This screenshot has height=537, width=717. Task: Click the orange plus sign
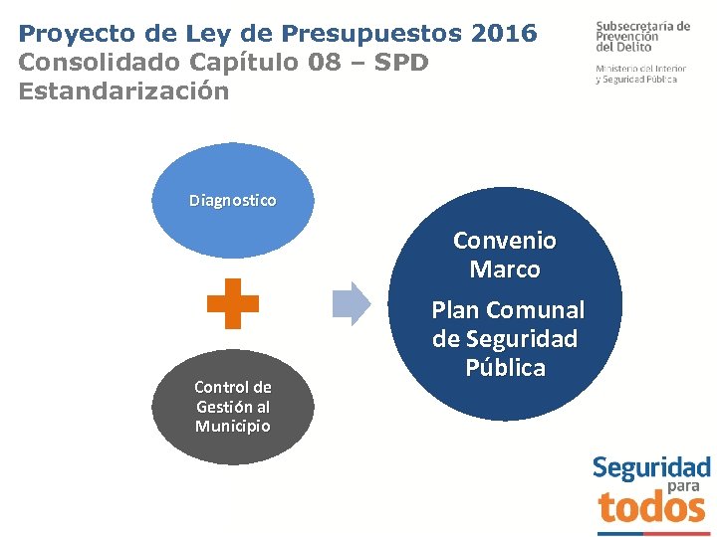click(232, 303)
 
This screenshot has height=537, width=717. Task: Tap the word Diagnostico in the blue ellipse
click(233, 201)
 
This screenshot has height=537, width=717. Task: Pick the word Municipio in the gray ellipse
click(233, 427)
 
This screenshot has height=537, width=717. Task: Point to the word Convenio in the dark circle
click(505, 241)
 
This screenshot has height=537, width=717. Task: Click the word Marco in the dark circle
click(505, 269)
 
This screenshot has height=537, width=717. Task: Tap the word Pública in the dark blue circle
click(505, 368)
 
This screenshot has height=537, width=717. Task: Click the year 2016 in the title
click(505, 34)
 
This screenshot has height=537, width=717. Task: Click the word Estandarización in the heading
click(123, 91)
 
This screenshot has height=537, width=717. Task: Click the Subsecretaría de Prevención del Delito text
click(641, 37)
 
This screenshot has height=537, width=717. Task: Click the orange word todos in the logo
click(651, 506)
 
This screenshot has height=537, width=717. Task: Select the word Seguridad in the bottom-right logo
click(651, 468)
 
